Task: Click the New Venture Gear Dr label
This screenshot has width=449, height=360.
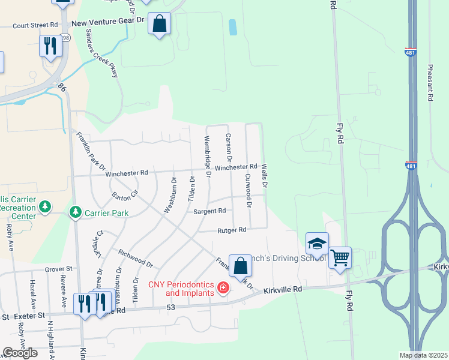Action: pos(109,21)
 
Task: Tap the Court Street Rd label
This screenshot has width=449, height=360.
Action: pos(35,26)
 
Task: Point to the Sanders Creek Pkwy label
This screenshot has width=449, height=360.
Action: pos(101,53)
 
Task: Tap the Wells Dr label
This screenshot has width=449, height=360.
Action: pos(264,176)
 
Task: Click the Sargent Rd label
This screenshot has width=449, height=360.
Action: pos(209,211)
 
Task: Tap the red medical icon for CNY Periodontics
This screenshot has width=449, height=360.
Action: pos(223,289)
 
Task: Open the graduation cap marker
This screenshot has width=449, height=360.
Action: pos(317,243)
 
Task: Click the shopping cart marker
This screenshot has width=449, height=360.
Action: pos(340,257)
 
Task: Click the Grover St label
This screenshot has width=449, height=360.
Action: pos(58,269)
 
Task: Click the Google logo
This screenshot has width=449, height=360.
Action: pos(20,353)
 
